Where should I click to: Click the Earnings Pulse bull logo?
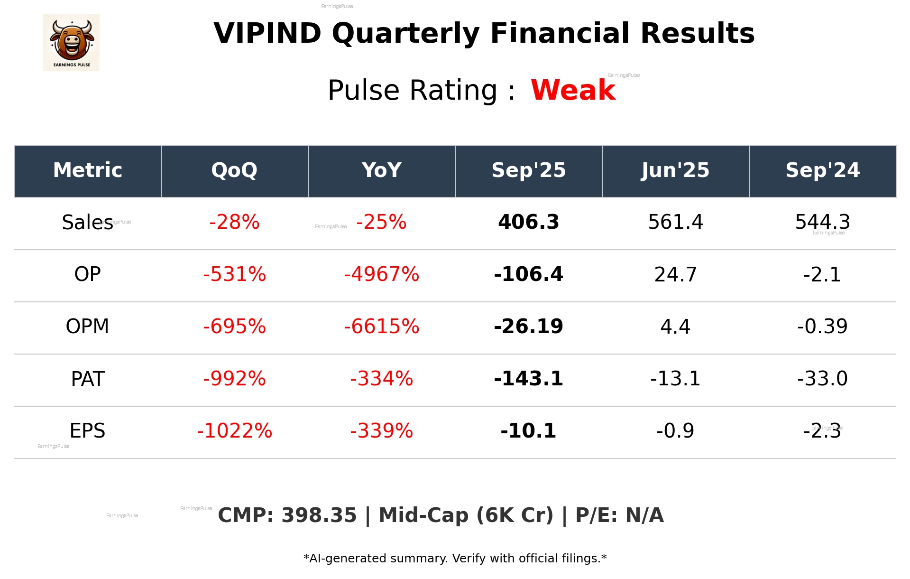pos(71,43)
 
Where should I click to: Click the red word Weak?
pos(573,90)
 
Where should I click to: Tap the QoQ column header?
pos(234,170)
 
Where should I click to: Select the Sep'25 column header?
pos(528,170)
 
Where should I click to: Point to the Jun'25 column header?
pos(675,170)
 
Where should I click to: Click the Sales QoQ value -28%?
pos(234,222)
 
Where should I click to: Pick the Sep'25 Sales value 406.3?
pos(528,222)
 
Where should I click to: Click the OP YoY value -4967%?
pos(381,274)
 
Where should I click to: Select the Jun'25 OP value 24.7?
pos(675,274)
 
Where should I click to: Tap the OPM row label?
pos(87,327)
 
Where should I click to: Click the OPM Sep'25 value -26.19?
pos(528,327)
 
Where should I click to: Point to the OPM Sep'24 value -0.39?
pos(822,327)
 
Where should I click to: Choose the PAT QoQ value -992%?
pos(234,379)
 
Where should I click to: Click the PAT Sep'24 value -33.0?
pos(822,379)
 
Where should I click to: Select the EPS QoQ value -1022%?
pos(234,431)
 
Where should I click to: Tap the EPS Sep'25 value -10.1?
pos(528,431)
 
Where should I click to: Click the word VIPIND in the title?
pos(267,34)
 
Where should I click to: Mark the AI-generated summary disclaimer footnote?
pos(455,559)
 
